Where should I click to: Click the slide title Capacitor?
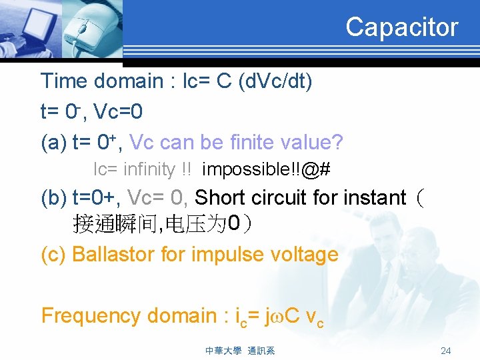point(401,27)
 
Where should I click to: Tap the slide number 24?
point(446,351)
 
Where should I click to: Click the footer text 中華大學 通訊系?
point(239,351)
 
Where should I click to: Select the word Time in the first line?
point(64,81)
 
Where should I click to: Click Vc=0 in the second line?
point(118,111)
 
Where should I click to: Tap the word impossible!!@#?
point(266,169)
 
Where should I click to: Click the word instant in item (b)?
point(374,198)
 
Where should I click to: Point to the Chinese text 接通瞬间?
point(117,225)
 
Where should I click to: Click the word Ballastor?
point(112,254)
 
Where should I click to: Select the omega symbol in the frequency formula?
point(273,317)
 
